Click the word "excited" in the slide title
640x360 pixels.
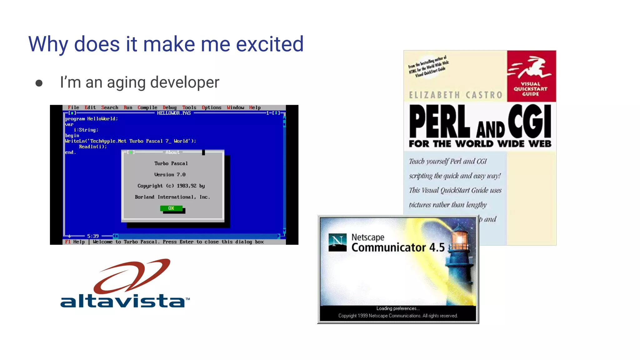pyautogui.click(x=269, y=44)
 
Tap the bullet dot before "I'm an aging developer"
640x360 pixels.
pyautogui.click(x=39, y=83)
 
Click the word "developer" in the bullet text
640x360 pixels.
pyautogui.click(x=185, y=82)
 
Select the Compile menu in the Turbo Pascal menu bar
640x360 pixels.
pyautogui.click(x=147, y=107)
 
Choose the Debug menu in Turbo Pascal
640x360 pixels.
pyautogui.click(x=169, y=107)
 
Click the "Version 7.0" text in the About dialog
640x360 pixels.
pyautogui.click(x=170, y=175)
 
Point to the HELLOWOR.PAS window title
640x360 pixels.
pyautogui.click(x=174, y=113)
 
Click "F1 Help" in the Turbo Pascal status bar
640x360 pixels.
pyautogui.click(x=75, y=242)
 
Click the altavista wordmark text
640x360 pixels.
pyautogui.click(x=122, y=301)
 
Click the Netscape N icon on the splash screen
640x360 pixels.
pyautogui.click(x=337, y=242)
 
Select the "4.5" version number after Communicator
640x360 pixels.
pyautogui.click(x=437, y=247)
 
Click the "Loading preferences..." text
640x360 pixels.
pyautogui.click(x=398, y=308)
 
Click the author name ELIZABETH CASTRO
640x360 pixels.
pyautogui.click(x=456, y=95)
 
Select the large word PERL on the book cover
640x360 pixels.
pyautogui.click(x=440, y=122)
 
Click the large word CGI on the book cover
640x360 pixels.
pyautogui.click(x=529, y=121)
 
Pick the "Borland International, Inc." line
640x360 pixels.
pyautogui.click(x=172, y=197)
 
